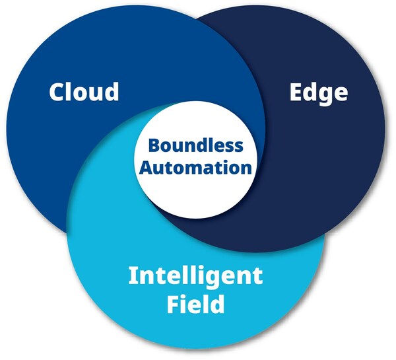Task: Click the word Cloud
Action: point(84,91)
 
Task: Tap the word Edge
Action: point(318,92)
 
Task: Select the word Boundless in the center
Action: point(195,145)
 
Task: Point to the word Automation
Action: point(195,166)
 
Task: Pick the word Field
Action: point(195,305)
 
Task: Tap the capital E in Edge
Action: point(296,91)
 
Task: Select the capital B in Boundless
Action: point(152,145)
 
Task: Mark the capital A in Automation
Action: point(145,166)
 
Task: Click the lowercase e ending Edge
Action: point(340,93)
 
